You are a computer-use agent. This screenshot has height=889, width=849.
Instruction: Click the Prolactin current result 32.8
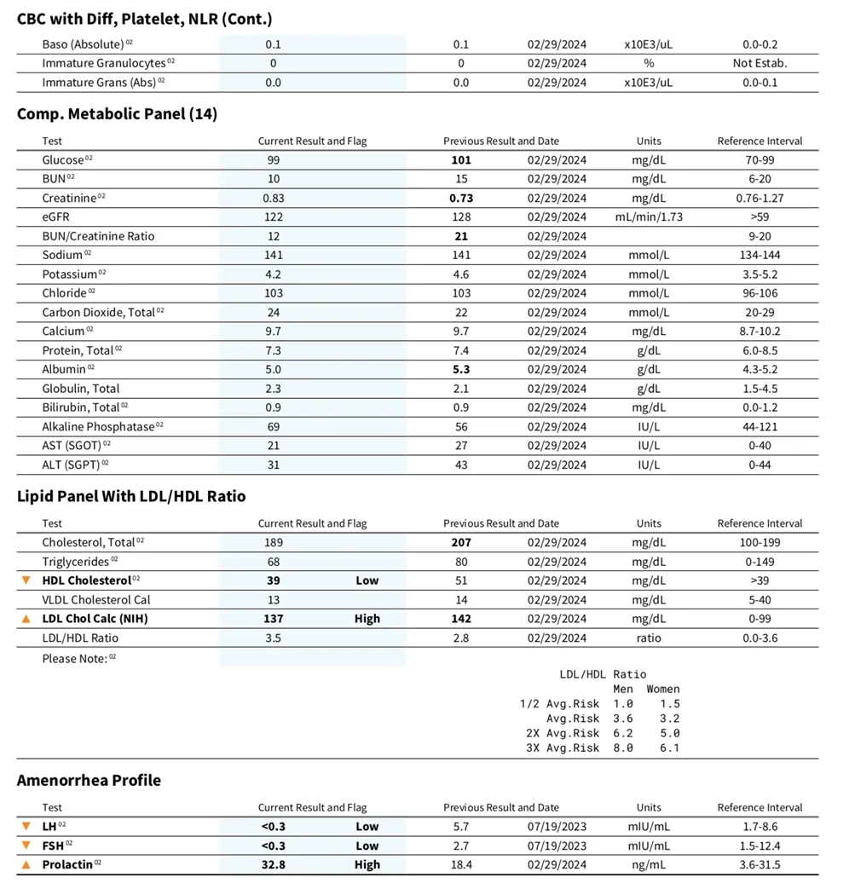pos(274,864)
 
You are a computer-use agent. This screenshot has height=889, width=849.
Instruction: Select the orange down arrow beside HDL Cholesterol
pos(26,580)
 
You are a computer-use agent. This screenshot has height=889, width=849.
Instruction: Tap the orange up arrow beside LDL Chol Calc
pos(26,619)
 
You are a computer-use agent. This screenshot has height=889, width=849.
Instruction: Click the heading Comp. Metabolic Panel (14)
pos(117,114)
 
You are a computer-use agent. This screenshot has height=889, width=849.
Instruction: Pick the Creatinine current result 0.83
pos(274,198)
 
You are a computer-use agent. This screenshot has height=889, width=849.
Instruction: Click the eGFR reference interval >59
pos(759,216)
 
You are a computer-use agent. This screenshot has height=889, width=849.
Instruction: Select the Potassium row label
pos(70,274)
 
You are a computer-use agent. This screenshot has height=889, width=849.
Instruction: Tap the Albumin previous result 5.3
pos(460,369)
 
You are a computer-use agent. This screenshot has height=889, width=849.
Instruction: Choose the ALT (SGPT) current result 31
pos(274,465)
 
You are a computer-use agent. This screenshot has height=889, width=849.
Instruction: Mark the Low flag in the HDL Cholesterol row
pos(367,580)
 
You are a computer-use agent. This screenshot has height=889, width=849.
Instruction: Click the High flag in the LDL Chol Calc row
pos(367,619)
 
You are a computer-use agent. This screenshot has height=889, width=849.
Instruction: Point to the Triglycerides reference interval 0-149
pos(759,562)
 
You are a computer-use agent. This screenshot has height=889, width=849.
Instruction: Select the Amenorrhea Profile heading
pos(89,781)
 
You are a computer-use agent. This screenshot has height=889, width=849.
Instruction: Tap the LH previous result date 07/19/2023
pos(557,826)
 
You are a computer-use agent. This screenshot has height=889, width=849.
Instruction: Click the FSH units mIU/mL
pos(649,846)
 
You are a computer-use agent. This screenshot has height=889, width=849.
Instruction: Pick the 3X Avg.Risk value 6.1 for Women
pos(669,748)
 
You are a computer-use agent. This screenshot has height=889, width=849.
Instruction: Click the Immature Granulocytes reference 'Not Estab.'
pos(759,63)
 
